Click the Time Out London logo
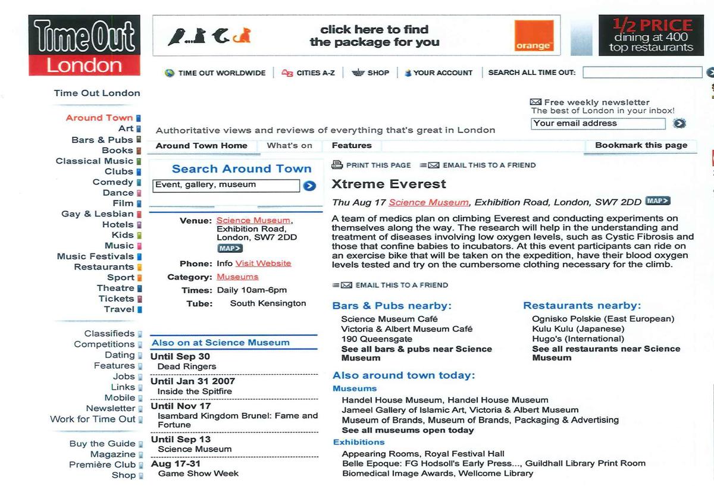(x=84, y=46)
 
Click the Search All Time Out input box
(x=642, y=73)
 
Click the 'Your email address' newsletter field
(x=597, y=124)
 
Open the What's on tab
(x=289, y=146)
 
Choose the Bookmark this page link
(x=641, y=145)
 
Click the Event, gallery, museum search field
(x=226, y=185)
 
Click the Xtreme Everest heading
(x=389, y=184)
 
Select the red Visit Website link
(x=263, y=264)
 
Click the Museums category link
(x=237, y=277)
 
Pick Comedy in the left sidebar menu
(x=112, y=182)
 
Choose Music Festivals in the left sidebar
(x=95, y=256)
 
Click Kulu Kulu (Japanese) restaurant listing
(x=578, y=329)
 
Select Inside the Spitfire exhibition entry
(x=195, y=391)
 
